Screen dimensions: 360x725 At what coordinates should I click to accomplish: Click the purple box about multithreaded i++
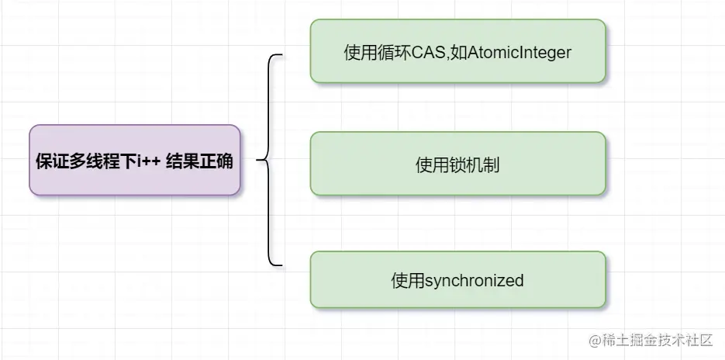135,160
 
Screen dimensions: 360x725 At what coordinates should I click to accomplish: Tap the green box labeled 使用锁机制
457,163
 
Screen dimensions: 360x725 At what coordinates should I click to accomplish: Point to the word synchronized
475,280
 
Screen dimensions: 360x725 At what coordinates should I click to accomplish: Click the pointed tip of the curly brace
258,161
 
